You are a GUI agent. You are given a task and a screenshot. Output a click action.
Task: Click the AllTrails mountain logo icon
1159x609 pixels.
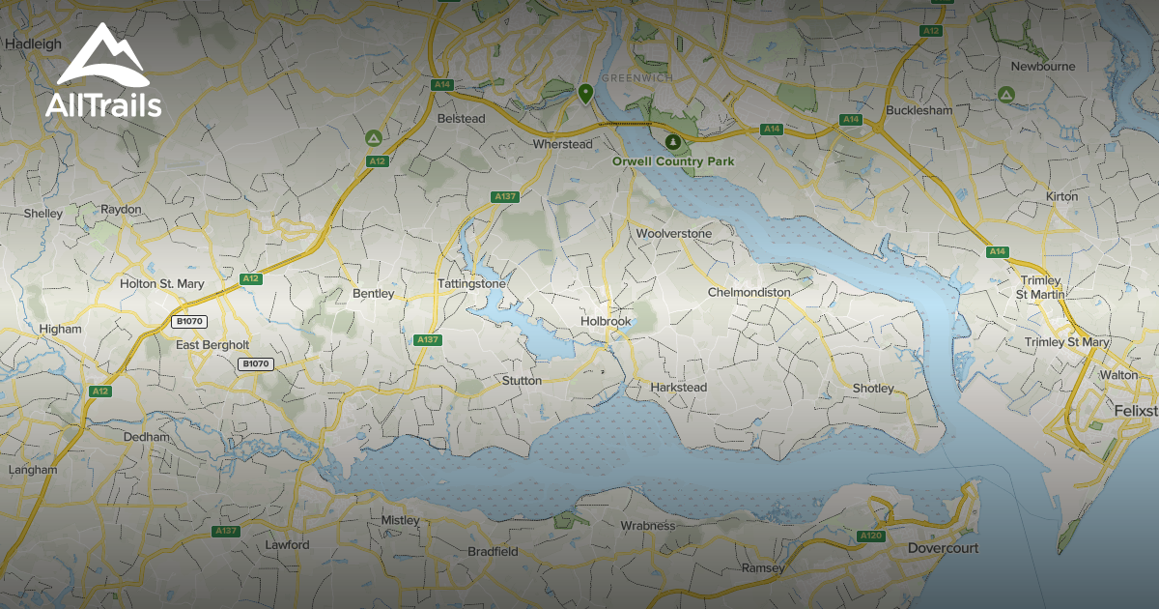(x=101, y=58)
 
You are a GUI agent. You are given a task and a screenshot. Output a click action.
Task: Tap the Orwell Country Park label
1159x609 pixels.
(x=673, y=161)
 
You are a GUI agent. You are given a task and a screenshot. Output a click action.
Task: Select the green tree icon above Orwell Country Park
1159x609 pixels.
(x=673, y=141)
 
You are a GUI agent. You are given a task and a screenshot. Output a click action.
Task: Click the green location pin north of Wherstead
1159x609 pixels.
(x=584, y=94)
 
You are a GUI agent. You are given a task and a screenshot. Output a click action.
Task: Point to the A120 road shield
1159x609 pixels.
(x=870, y=536)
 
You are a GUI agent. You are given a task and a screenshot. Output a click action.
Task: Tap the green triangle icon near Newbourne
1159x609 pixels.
(x=1004, y=95)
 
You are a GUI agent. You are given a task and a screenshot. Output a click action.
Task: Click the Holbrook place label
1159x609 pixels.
(x=606, y=321)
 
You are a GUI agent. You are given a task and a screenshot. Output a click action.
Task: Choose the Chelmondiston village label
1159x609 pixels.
(x=749, y=292)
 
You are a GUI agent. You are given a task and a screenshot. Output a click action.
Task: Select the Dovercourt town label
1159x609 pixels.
(x=943, y=548)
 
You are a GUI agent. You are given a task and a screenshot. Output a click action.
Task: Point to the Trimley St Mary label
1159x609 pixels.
(x=1067, y=342)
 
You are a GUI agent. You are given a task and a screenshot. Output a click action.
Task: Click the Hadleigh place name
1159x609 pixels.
(x=33, y=43)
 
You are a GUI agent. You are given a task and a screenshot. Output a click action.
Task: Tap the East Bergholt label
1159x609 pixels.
(x=212, y=344)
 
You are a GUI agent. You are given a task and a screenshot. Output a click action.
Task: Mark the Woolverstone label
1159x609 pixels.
(x=673, y=234)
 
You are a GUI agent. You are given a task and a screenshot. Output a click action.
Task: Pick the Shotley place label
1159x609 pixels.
(x=873, y=388)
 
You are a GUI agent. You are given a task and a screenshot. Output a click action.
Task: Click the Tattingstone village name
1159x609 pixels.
(x=471, y=284)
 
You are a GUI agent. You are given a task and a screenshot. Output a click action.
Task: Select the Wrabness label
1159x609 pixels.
(x=647, y=526)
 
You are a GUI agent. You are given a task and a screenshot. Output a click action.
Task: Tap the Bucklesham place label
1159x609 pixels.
(x=919, y=110)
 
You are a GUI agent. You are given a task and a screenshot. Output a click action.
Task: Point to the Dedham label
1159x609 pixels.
(x=146, y=437)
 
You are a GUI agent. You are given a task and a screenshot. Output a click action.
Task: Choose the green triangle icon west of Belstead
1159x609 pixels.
(x=373, y=138)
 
